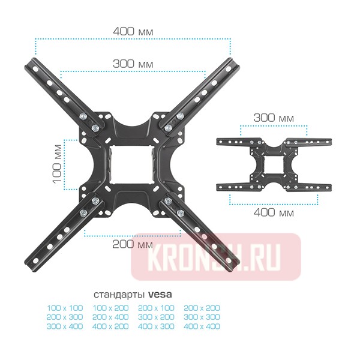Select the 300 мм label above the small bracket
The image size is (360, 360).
pyautogui.click(x=274, y=118)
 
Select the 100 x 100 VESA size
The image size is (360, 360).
pyautogui.click(x=64, y=308)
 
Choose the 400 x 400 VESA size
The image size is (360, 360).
pyautogui.click(x=202, y=326)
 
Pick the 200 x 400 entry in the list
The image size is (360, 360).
pyautogui.click(x=110, y=317)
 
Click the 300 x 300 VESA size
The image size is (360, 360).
pyautogui.click(x=202, y=317)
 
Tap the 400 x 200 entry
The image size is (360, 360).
pyautogui.click(x=110, y=326)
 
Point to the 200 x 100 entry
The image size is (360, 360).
pyautogui.click(x=156, y=308)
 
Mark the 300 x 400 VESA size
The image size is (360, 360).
pyautogui.click(x=64, y=326)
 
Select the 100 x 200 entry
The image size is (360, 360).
pyautogui.click(x=110, y=308)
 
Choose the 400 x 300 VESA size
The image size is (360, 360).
pyautogui.click(x=156, y=326)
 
